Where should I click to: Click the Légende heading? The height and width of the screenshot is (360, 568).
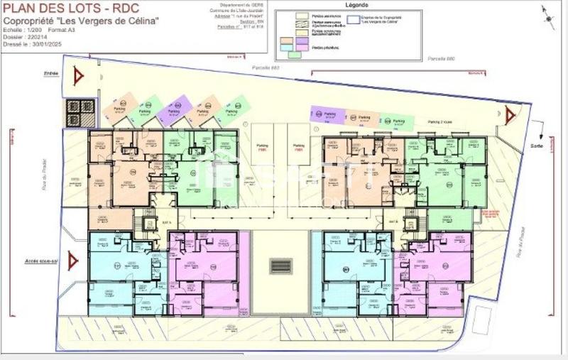pos(356,4)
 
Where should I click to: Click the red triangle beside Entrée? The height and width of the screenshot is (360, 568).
pos(78,74)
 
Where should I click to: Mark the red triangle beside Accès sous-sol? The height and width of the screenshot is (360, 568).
pos(72,261)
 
